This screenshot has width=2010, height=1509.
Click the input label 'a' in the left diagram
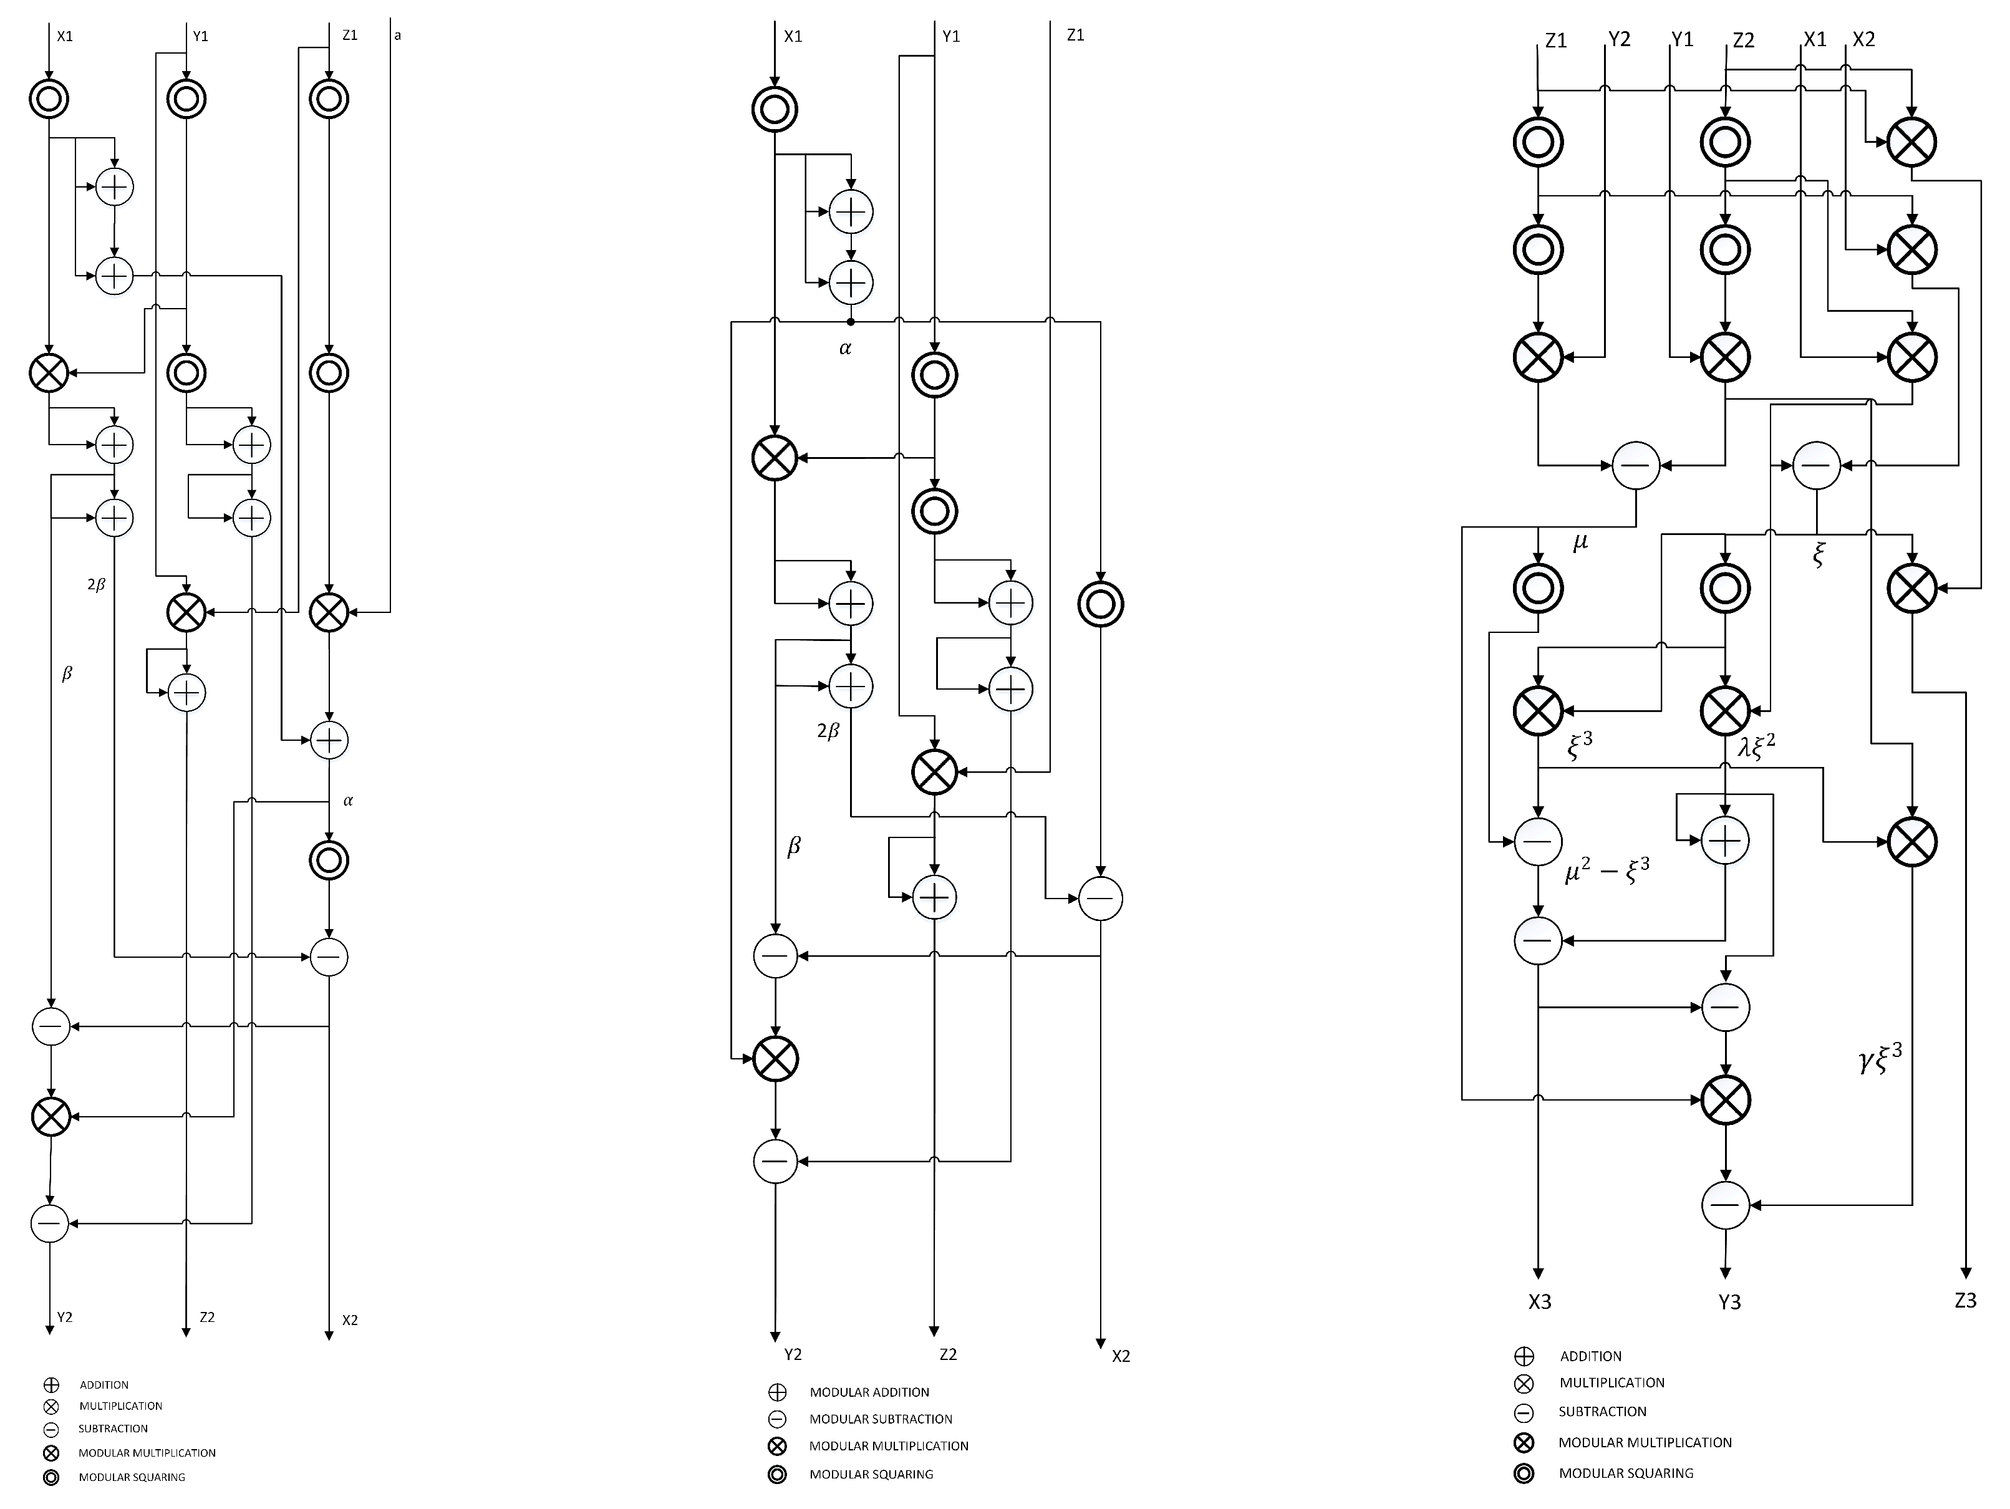(397, 36)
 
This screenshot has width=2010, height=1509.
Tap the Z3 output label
(1966, 1301)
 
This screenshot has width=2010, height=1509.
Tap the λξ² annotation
(1756, 745)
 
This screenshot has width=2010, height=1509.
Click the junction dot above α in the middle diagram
(851, 322)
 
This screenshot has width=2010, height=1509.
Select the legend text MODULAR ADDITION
(869, 1392)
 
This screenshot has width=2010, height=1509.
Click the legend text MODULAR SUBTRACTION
(881, 1419)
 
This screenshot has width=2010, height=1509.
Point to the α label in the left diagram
(348, 801)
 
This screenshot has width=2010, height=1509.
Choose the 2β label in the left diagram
(96, 585)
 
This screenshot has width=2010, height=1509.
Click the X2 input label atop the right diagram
(1863, 39)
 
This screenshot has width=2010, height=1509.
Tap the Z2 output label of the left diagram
(207, 1316)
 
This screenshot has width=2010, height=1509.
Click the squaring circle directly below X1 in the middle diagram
(774, 110)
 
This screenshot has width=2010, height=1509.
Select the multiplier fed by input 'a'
(329, 612)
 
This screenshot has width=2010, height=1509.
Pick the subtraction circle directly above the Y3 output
(1724, 1205)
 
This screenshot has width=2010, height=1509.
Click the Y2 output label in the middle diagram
(793, 1354)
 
